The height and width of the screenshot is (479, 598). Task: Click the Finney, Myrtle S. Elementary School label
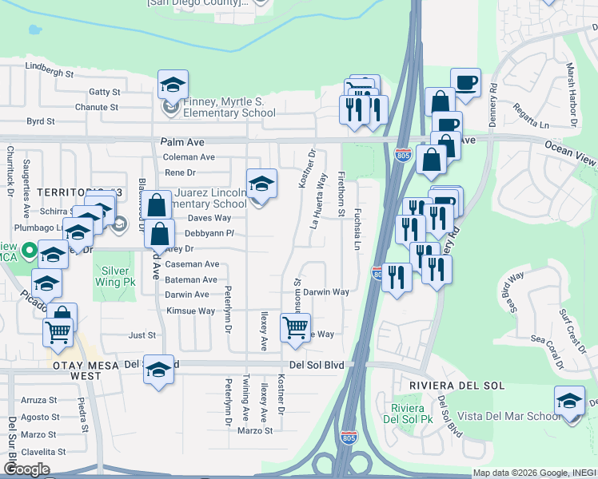[218, 107]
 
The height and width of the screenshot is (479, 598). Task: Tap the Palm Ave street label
[178, 141]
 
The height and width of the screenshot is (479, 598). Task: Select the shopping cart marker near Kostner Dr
[296, 327]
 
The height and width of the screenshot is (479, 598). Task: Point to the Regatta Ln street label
[532, 117]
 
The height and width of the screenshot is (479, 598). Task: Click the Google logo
[26, 469]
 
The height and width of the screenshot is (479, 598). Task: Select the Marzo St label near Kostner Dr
[256, 431]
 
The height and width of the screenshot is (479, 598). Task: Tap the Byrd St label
[40, 121]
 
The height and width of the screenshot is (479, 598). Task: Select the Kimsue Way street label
[190, 311]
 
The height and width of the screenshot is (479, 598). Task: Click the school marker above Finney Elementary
[173, 85]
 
